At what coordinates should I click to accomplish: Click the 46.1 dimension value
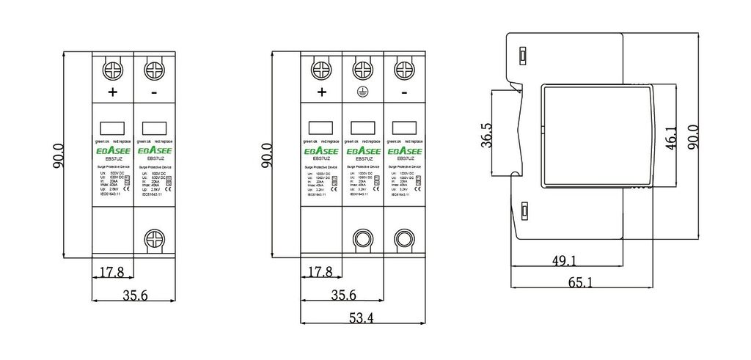[x=670, y=137]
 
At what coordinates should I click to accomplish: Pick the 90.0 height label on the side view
[x=693, y=137]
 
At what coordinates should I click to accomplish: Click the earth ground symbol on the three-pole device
[x=362, y=92]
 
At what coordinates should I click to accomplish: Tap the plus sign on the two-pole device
[x=112, y=92]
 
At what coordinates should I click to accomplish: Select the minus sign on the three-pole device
[x=404, y=92]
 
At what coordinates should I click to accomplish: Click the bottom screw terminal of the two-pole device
[x=155, y=239]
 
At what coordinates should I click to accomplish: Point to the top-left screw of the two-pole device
[x=112, y=70]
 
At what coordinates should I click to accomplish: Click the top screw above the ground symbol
[x=362, y=70]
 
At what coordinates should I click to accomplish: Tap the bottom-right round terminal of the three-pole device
[x=403, y=239]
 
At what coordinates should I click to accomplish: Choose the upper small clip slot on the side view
[x=523, y=56]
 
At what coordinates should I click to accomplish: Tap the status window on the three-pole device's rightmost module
[x=403, y=125]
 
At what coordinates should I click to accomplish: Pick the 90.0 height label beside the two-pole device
[x=59, y=156]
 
